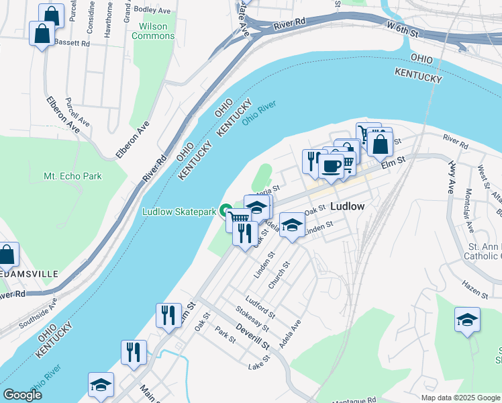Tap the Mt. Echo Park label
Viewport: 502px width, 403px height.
(x=72, y=176)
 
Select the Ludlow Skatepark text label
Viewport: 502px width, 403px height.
(x=179, y=212)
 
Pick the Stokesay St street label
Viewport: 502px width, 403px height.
(x=252, y=318)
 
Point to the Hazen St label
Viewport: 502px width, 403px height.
(x=475, y=291)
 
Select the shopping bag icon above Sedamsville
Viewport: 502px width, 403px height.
(x=6, y=255)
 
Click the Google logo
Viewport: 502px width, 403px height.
(x=22, y=395)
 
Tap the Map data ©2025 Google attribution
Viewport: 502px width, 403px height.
(x=460, y=398)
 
